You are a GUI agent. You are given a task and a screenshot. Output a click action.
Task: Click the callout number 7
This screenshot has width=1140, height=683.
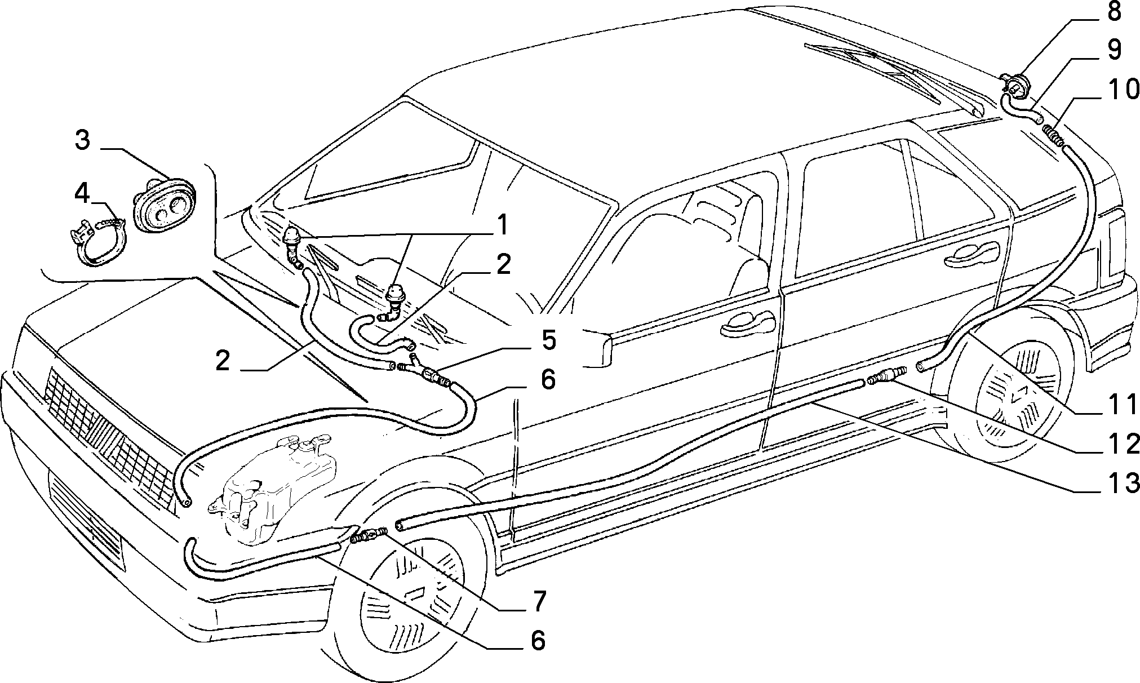click(x=538, y=602)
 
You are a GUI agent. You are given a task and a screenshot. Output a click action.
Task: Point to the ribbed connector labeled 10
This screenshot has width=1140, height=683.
click(x=1051, y=136)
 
